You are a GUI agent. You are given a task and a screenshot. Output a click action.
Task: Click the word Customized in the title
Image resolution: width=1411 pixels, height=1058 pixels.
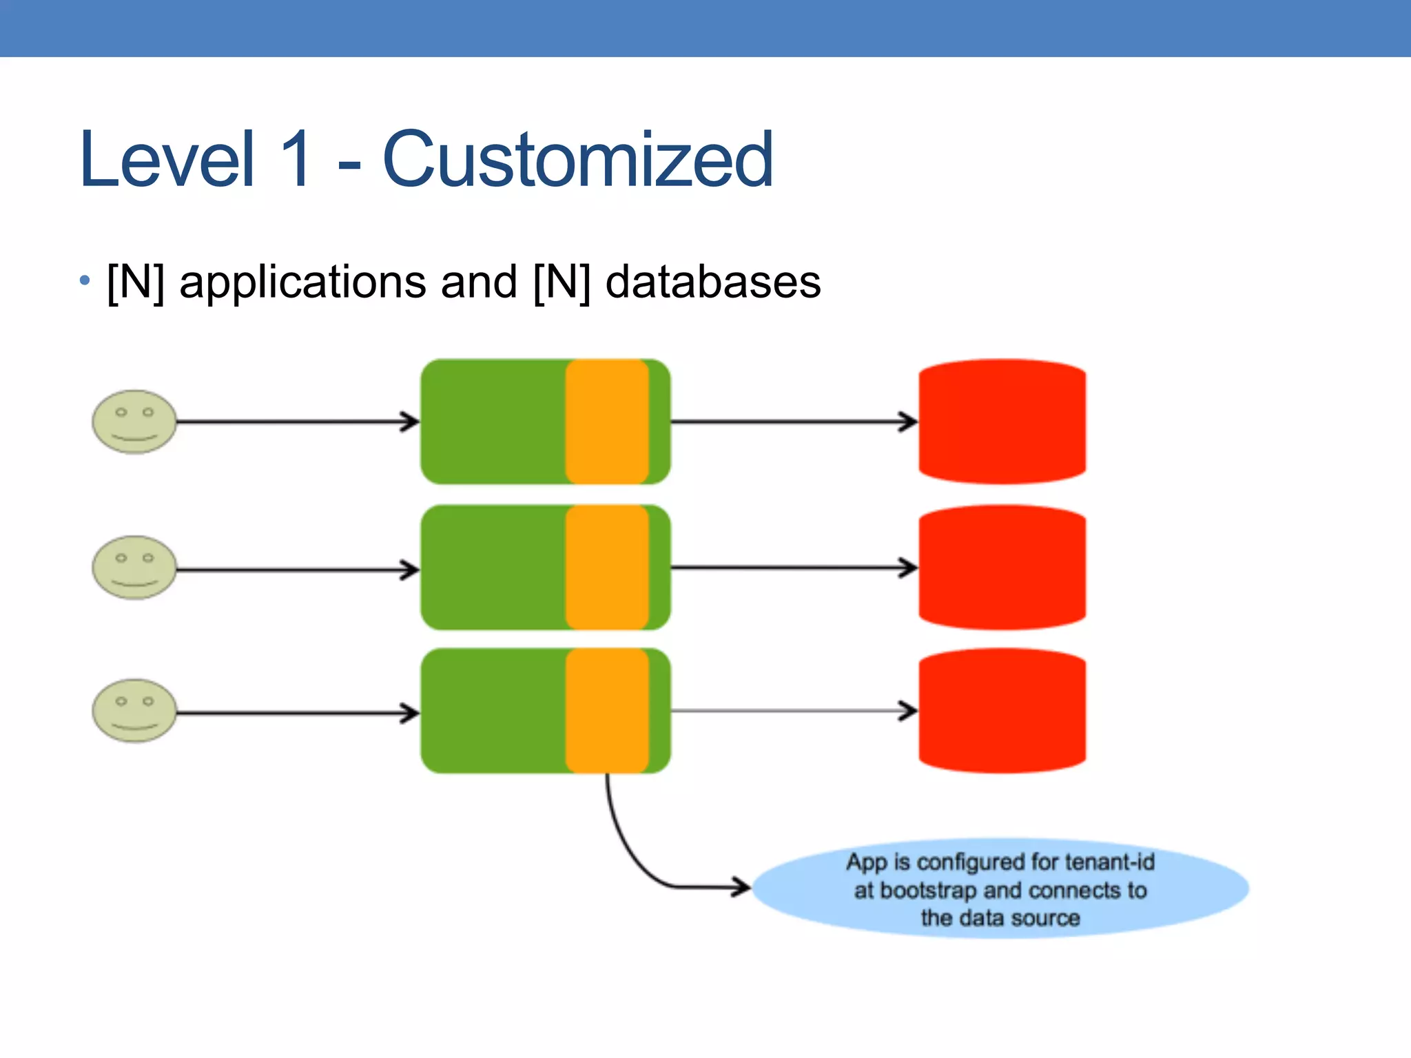coord(577,160)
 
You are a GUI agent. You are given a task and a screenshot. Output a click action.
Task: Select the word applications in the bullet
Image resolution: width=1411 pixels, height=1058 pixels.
coord(302,282)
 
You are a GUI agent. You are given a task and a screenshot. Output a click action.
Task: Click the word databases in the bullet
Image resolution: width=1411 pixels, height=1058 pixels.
coord(712,282)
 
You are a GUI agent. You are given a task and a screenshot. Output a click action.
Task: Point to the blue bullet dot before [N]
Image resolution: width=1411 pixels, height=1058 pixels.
coord(85,280)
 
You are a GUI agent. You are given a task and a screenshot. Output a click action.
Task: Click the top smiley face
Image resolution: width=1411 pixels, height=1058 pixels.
coord(134,422)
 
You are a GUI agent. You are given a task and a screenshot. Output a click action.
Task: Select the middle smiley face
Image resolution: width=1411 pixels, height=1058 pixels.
coord(134,568)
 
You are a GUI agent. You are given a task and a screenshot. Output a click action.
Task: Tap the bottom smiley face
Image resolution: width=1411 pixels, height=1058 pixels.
coord(134,711)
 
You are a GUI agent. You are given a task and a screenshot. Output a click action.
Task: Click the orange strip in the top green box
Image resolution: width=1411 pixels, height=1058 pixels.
coord(607,422)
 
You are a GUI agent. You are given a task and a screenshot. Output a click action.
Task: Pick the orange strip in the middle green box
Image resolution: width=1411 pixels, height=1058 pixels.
coord(607,568)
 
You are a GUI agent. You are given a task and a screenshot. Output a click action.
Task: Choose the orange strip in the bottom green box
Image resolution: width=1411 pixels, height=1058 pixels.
coord(607,711)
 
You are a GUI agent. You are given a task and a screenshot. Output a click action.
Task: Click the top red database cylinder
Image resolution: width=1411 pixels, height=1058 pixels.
coord(1002,422)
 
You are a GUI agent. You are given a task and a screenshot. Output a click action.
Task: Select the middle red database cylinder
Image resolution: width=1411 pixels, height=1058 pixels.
coord(1002,568)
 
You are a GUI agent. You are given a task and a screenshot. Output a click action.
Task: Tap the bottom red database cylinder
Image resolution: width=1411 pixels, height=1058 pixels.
coord(1002,711)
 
